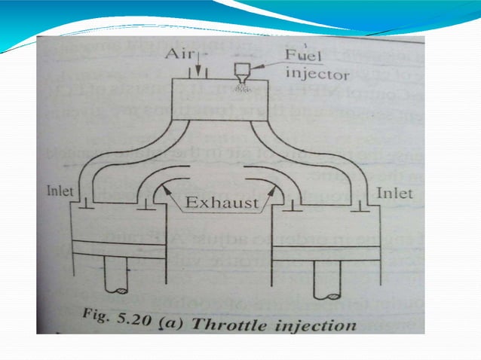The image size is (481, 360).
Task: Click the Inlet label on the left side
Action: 60,191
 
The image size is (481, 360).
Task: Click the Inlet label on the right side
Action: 396,194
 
